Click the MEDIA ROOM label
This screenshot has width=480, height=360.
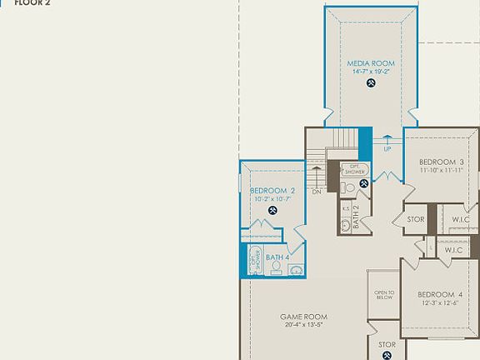coord(371,63)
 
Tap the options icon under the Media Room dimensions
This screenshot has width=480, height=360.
coord(371,82)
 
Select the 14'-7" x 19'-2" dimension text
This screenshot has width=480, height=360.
coord(371,72)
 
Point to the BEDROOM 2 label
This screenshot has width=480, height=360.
coord(272,191)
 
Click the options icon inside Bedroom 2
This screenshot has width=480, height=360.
coord(272,209)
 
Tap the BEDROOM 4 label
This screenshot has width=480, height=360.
coord(440,294)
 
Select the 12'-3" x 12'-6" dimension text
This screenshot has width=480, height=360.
coord(440,303)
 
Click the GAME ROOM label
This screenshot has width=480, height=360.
coord(302,317)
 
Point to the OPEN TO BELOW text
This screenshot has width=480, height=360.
coord(384,295)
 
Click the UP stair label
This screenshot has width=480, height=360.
coord(387,149)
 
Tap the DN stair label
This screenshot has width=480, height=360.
coord(317,192)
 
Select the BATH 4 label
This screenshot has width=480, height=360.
coord(277,257)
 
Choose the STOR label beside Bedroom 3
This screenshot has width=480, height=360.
coord(416,220)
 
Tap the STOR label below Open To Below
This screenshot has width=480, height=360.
coord(387,344)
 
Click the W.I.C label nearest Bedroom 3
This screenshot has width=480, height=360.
coord(461,220)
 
